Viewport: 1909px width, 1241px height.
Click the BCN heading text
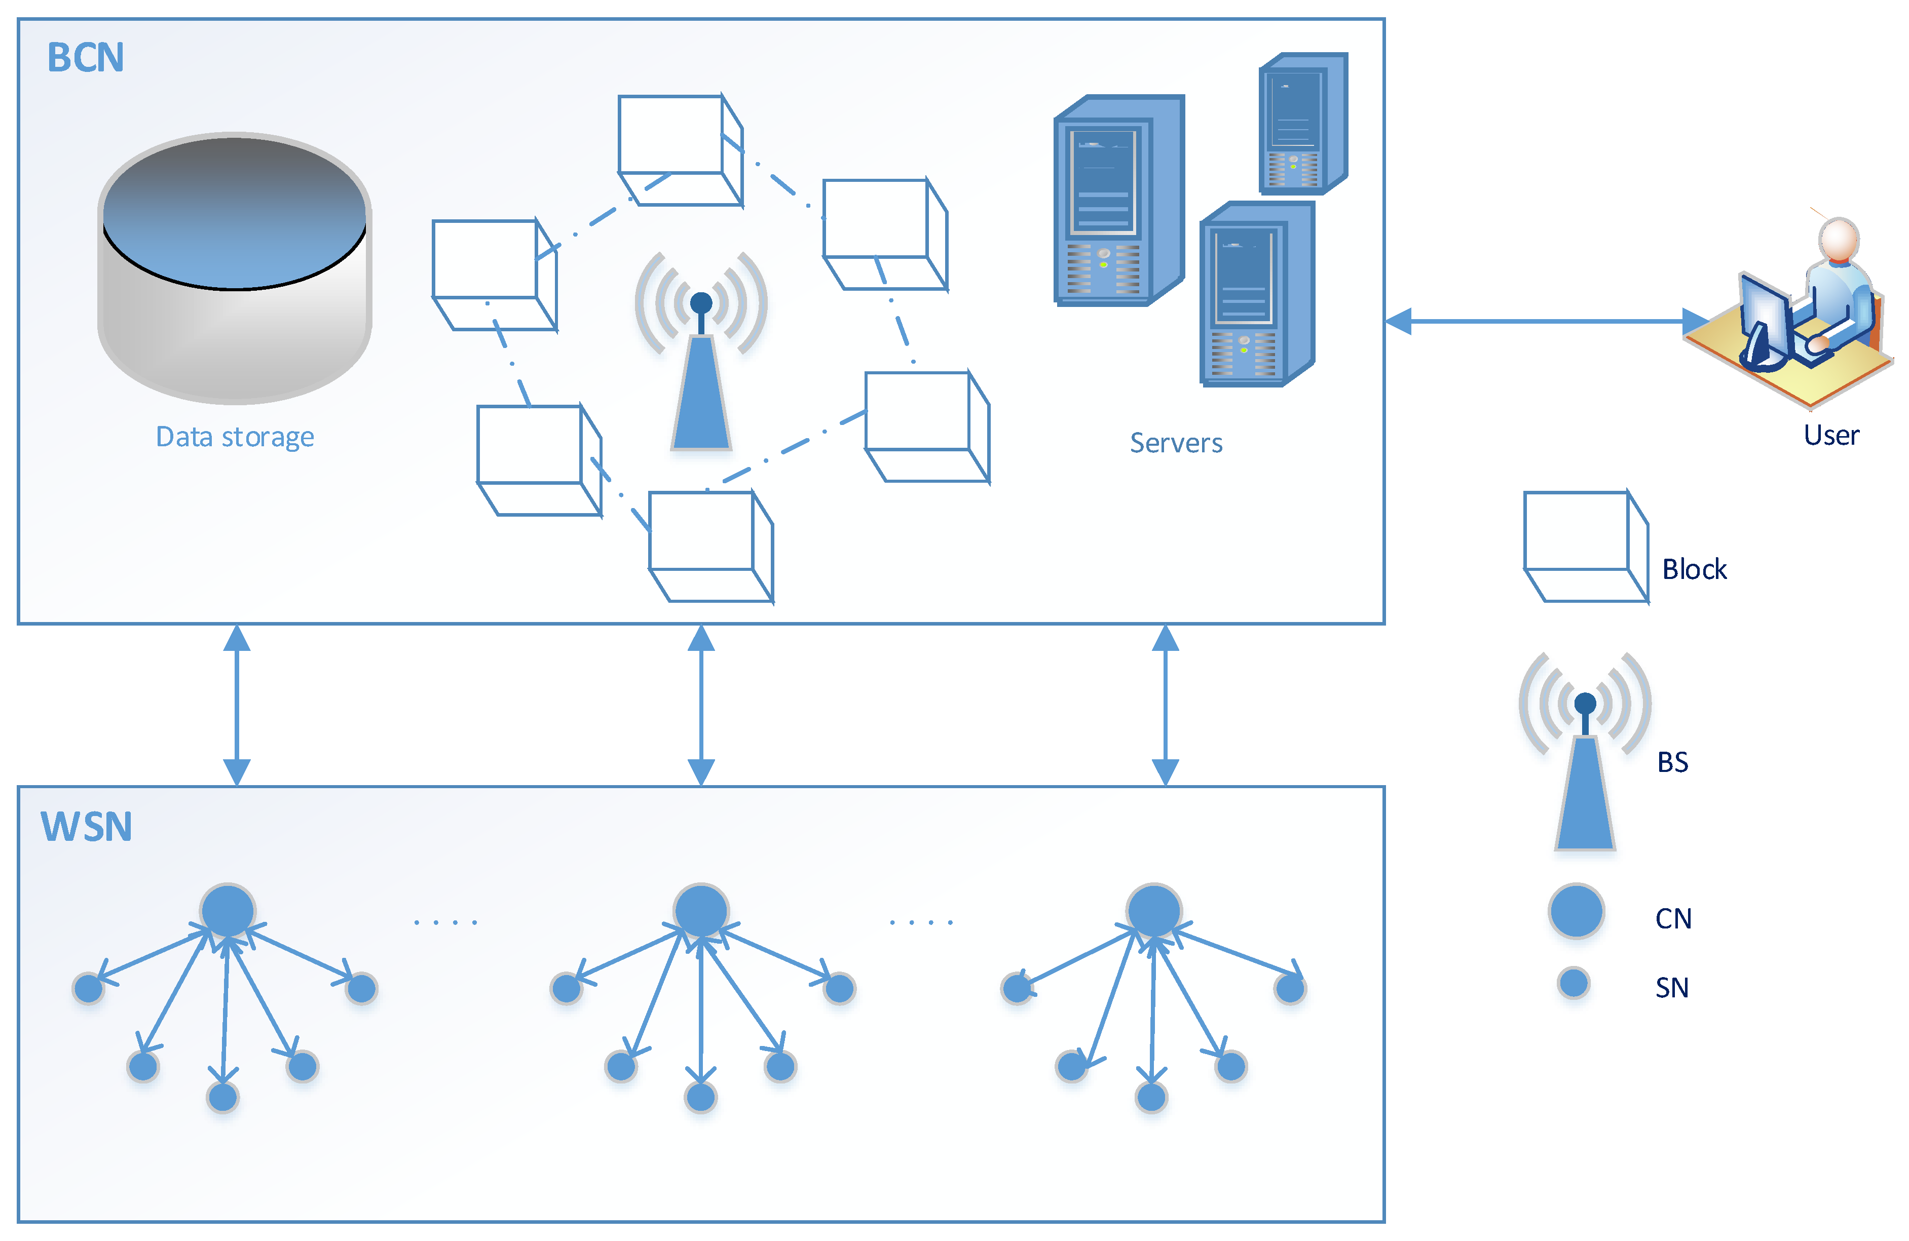point(85,58)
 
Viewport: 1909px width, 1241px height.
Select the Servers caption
point(1175,443)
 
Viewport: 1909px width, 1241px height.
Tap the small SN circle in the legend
point(1573,982)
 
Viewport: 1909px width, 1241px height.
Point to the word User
point(1830,435)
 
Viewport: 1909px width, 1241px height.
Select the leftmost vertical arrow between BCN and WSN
point(237,705)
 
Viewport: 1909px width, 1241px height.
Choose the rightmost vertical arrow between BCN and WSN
point(1165,705)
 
